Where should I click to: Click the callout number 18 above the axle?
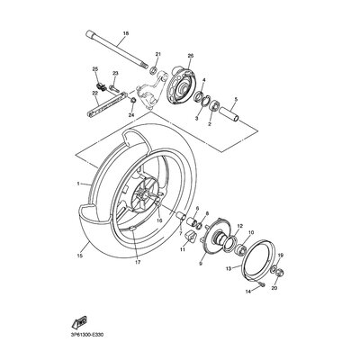[x=125, y=34]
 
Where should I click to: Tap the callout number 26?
[x=190, y=57]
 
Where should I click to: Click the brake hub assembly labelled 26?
[x=185, y=85]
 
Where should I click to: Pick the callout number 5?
[x=237, y=100]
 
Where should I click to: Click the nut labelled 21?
[x=156, y=70]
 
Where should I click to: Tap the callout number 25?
[x=94, y=68]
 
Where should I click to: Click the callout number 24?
[x=131, y=115]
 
